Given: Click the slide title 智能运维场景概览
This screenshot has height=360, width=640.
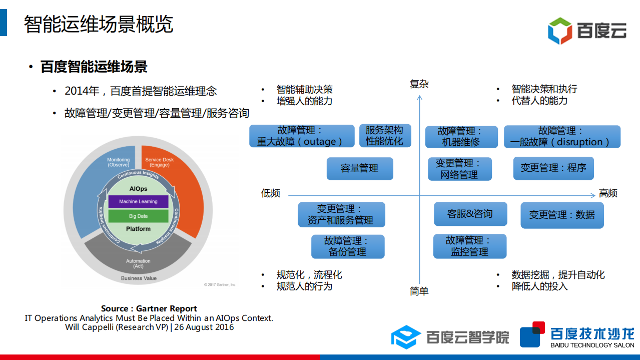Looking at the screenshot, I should [x=99, y=24].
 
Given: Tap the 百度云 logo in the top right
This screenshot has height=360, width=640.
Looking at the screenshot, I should [x=587, y=31].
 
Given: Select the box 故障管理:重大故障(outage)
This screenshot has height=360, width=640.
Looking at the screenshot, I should [x=301, y=136].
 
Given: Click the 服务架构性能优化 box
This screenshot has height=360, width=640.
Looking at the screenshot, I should [x=384, y=136].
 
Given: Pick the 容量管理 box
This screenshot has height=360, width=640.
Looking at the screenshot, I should [x=359, y=169].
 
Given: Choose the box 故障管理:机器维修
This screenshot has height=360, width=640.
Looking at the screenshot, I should [x=461, y=137].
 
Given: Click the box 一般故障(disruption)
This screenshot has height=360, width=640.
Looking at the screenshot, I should [x=561, y=137].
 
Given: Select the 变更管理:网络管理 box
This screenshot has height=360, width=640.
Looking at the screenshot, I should [x=459, y=169].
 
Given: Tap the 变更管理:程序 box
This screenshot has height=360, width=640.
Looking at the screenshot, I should [x=553, y=168].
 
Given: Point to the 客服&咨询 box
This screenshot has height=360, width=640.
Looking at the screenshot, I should [x=470, y=214].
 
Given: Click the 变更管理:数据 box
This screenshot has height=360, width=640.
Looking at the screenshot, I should [x=561, y=215].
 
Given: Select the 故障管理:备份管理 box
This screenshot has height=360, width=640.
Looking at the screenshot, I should [x=347, y=247].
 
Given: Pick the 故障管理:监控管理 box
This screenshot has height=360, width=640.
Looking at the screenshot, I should [x=469, y=246].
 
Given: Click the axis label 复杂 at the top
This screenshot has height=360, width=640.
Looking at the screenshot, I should [x=419, y=84].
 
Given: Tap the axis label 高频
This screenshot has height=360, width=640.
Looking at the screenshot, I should [x=608, y=194].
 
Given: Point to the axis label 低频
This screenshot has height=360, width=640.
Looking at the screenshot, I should [x=271, y=194].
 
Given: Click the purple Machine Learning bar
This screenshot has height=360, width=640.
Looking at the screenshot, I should [x=138, y=202].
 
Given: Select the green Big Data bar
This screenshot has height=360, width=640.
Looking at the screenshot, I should [x=138, y=216].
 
